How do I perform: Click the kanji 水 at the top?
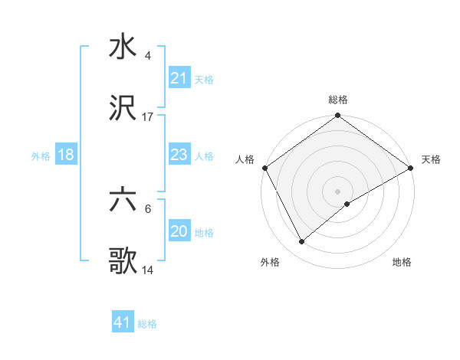point(123,47)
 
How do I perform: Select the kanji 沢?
point(123,110)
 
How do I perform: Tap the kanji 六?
point(123,201)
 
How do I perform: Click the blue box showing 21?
point(179,78)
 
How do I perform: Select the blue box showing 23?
point(179,155)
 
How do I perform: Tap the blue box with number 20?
point(179,231)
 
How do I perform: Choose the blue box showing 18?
point(66,155)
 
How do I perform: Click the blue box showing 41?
point(123,322)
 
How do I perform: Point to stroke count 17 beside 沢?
point(148,117)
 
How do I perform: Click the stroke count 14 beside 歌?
point(148,270)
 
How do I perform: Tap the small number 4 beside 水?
point(147,56)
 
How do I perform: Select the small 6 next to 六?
point(147,208)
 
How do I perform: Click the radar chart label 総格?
point(338,100)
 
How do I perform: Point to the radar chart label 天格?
point(431,159)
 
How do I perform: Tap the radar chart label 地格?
point(402,262)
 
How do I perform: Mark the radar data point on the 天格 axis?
point(411,168)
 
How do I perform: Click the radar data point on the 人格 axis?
point(264,168)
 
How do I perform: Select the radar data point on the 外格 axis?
point(302,241)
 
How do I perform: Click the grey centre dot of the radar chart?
point(338,191)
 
